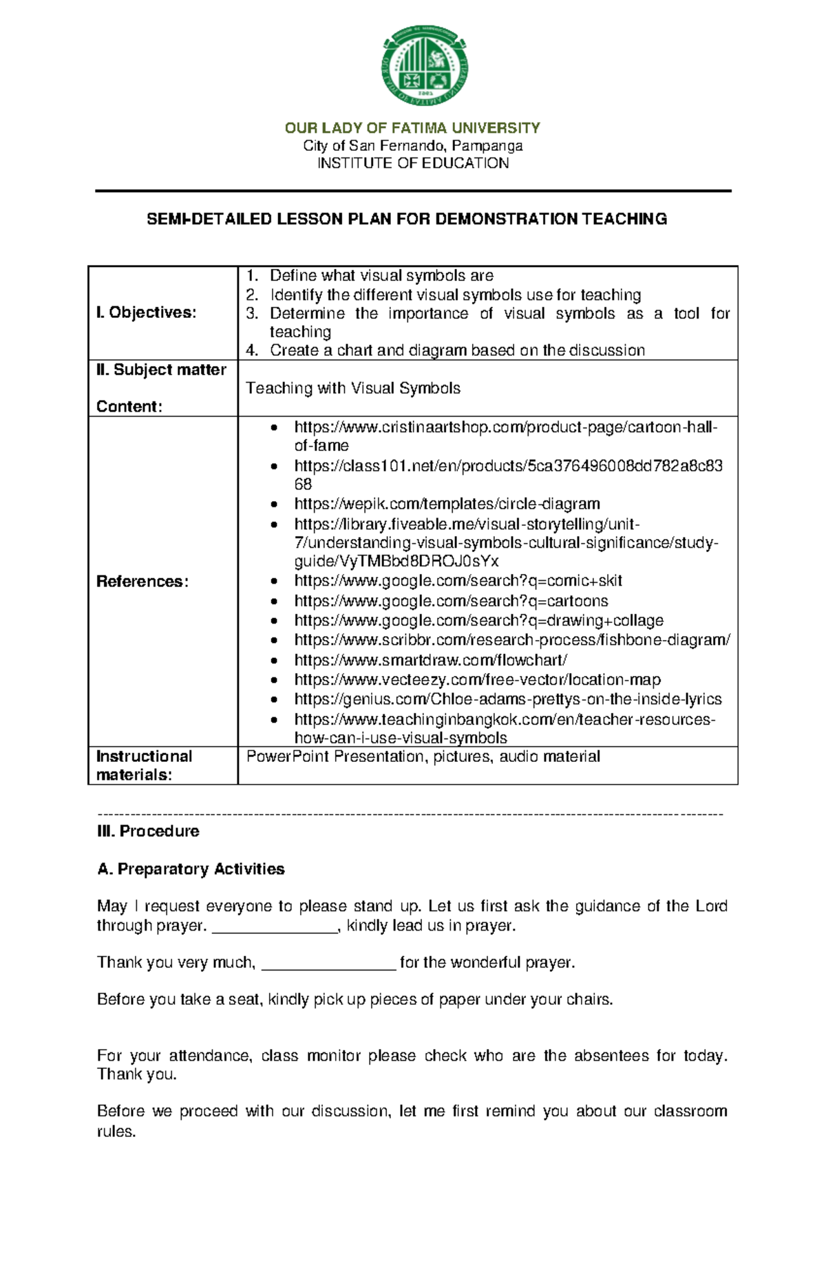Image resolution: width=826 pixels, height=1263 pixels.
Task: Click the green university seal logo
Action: point(425,66)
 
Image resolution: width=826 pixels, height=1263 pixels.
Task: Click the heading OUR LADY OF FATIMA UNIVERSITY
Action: point(412,128)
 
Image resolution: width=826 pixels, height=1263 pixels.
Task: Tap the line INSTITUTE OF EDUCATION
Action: point(412,163)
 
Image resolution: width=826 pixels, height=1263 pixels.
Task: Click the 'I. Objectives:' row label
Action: point(146,312)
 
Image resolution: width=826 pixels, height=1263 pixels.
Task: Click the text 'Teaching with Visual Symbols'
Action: point(353,388)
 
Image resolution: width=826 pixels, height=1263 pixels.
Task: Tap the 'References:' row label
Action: point(142,582)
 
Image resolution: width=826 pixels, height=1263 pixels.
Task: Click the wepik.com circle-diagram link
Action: point(447,504)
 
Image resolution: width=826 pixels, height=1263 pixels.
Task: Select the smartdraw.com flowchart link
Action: point(430,660)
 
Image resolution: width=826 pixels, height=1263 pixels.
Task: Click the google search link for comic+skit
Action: point(458,580)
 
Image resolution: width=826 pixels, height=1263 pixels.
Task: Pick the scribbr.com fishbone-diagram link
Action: point(511,640)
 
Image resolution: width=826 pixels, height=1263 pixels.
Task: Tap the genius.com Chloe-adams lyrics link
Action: point(507,699)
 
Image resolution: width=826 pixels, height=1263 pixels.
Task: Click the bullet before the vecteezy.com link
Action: point(275,680)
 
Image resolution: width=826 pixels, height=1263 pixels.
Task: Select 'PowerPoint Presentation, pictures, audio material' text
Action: point(423,756)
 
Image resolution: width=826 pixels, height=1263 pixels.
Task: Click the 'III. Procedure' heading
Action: point(148,831)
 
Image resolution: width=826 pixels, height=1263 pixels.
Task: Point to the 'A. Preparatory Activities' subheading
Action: point(191,869)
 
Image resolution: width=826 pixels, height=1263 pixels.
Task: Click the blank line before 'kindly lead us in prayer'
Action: point(275,926)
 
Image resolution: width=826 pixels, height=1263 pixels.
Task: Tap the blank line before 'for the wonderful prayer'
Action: point(329,964)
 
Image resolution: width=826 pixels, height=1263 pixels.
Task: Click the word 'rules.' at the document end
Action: point(116,1132)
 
